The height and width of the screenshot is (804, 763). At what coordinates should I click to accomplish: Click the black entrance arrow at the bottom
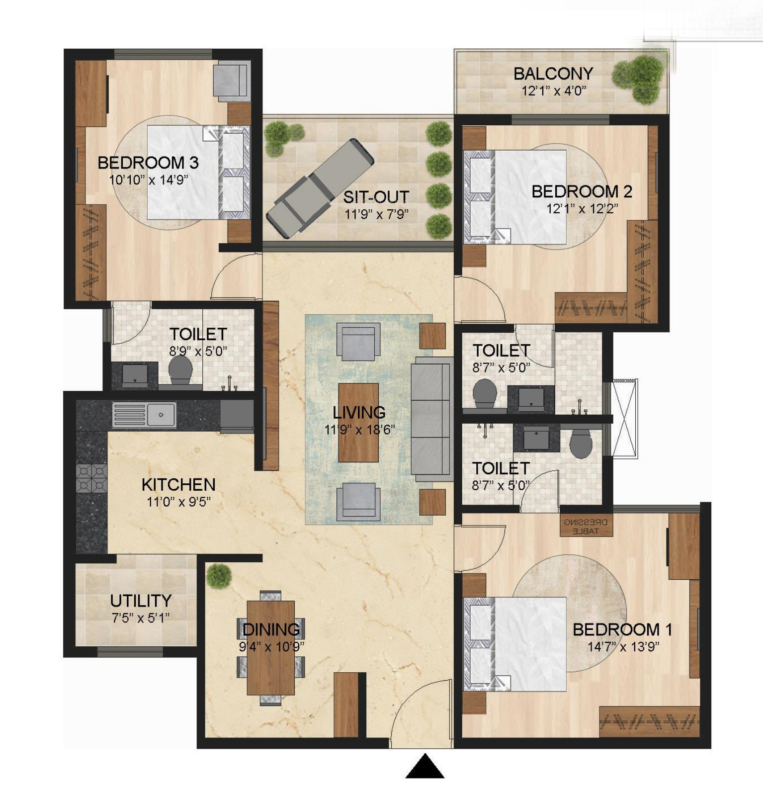(424, 766)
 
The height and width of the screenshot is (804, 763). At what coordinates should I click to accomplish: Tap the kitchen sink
(144, 415)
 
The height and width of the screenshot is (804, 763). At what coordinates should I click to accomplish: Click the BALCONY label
(553, 74)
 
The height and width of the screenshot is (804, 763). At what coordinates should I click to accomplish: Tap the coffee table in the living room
(358, 423)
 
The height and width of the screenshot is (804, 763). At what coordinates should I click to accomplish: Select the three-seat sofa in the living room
(432, 419)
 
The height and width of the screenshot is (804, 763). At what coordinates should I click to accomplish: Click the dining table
(271, 648)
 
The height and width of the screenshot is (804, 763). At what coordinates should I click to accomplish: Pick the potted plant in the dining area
(219, 576)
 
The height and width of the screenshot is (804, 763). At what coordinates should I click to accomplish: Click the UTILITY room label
(141, 601)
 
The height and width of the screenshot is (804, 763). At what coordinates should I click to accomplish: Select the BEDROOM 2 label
(582, 191)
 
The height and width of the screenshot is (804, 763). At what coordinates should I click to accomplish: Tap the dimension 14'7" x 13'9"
(623, 647)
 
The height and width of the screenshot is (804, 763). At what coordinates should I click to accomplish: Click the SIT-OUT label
(376, 197)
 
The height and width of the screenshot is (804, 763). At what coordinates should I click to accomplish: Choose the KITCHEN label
(178, 485)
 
